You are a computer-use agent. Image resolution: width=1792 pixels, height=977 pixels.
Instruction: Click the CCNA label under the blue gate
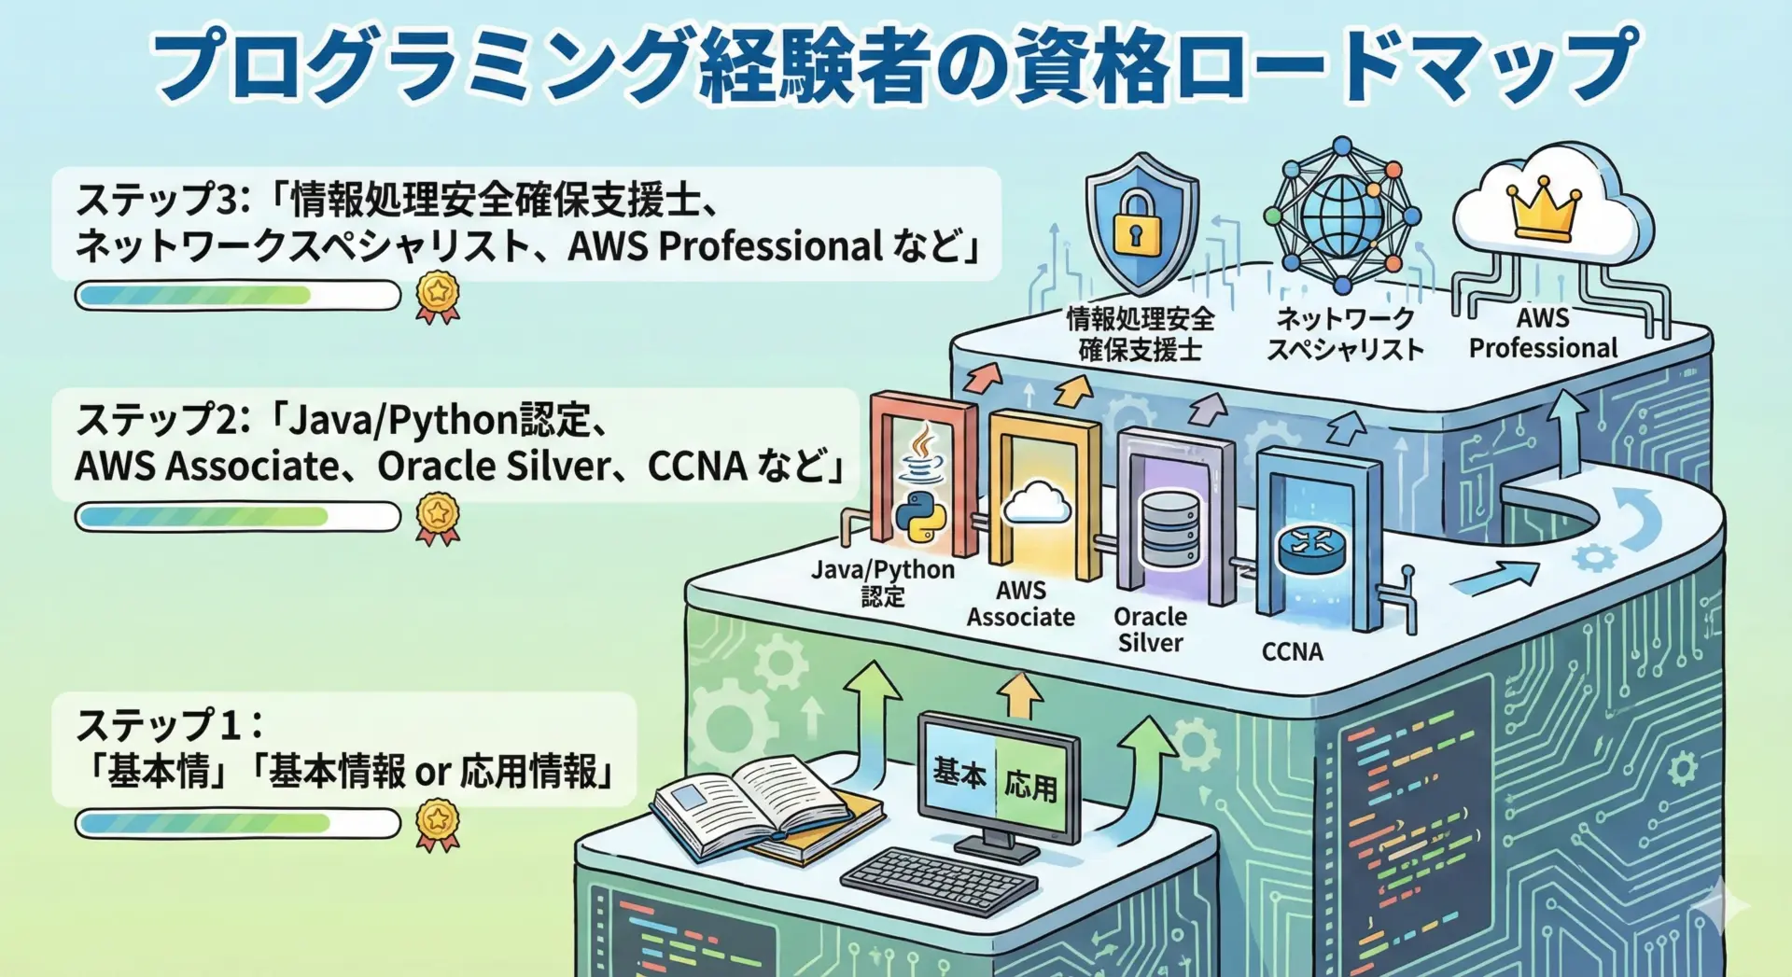tap(1292, 651)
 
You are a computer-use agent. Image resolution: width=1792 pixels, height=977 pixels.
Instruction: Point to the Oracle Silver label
tap(1150, 629)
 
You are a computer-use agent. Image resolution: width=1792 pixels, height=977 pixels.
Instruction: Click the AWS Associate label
tap(1020, 604)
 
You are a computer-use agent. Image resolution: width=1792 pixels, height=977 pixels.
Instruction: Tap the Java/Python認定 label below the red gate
tap(882, 582)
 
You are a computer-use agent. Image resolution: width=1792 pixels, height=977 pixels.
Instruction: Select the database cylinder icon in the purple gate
tap(1170, 529)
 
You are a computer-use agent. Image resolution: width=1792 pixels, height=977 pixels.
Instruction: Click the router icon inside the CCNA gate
tap(1311, 548)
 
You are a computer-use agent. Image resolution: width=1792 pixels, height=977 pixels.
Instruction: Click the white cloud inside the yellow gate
tap(1036, 504)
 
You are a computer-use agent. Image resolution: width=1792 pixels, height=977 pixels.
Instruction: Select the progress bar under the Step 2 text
tap(237, 516)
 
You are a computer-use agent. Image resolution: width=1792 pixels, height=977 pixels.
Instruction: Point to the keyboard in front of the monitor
tap(938, 881)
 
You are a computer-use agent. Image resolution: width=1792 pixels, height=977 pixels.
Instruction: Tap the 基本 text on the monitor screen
tap(959, 773)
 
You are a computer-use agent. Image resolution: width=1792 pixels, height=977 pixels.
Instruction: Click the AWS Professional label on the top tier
tap(1543, 333)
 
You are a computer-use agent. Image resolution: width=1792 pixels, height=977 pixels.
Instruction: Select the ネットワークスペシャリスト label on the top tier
tap(1345, 334)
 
